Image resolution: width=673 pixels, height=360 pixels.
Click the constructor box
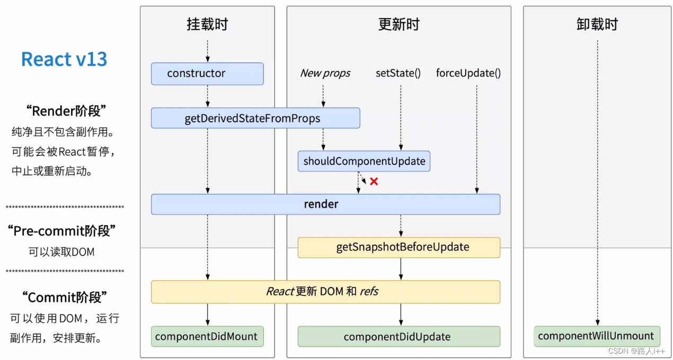pyautogui.click(x=207, y=74)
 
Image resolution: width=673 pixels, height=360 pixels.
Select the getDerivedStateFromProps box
pyautogui.click(x=255, y=118)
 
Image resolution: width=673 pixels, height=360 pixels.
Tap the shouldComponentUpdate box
pyautogui.click(x=364, y=161)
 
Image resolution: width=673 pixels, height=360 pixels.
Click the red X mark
pyautogui.click(x=374, y=181)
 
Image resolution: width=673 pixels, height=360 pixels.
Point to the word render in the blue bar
pyautogui.click(x=321, y=204)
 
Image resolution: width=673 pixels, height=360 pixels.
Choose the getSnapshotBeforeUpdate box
pyautogui.click(x=399, y=247)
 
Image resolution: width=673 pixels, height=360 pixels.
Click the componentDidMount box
pyautogui.click(x=207, y=336)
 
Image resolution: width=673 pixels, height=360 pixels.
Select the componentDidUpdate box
pyautogui.click(x=399, y=337)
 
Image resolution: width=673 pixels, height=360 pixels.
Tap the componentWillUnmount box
pyautogui.click(x=597, y=336)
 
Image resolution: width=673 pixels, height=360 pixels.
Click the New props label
pyautogui.click(x=325, y=73)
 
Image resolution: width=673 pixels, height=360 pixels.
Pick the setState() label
pyautogui.click(x=398, y=73)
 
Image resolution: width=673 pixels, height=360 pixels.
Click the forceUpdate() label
pyautogui.click(x=468, y=73)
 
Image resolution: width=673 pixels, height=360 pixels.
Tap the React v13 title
pyautogui.click(x=64, y=59)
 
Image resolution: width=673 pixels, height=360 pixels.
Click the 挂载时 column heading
pyautogui.click(x=207, y=24)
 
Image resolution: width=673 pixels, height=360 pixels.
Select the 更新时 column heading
pyautogui.click(x=399, y=24)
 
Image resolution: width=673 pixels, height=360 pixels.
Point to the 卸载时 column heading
pyautogui.click(x=597, y=24)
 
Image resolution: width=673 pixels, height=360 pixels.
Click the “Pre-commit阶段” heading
pyautogui.click(x=61, y=231)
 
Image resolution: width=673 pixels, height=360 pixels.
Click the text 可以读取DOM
pyautogui.click(x=61, y=252)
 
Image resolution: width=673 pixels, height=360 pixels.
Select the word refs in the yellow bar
pyautogui.click(x=369, y=292)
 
